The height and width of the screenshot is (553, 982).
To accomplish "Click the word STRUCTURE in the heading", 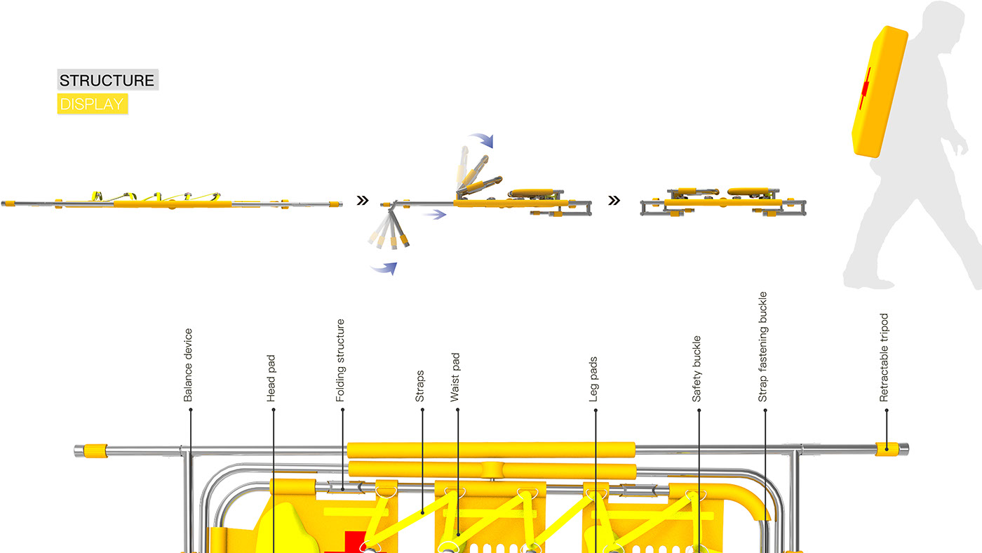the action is tap(107, 80).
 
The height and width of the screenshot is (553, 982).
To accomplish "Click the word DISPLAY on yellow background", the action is tap(91, 105).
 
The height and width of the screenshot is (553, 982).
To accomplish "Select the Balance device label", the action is tap(188, 365).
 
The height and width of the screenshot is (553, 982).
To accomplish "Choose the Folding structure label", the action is tap(341, 360).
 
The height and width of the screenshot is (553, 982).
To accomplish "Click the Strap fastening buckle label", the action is tap(763, 347).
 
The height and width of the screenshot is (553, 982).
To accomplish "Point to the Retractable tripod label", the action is tap(884, 357).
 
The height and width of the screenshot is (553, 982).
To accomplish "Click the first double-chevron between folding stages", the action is tap(363, 201).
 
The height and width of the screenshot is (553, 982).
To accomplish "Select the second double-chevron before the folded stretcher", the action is tap(614, 201).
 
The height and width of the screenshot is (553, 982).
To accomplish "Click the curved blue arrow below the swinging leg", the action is tap(384, 268).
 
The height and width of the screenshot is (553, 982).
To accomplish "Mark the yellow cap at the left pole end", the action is tap(95, 449).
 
